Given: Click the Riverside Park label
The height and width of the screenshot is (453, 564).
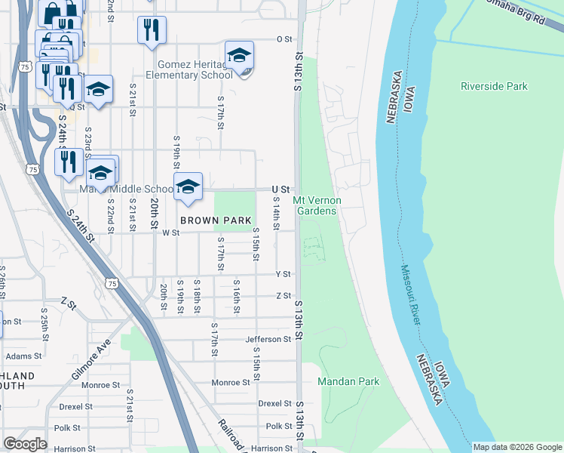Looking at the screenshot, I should coord(494,86).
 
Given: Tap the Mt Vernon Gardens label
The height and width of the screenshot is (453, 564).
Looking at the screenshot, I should coord(317,205).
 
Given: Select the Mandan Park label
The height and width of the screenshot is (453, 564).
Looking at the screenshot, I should coord(348,382).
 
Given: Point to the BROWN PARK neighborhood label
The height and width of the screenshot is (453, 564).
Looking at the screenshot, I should coord(214,220).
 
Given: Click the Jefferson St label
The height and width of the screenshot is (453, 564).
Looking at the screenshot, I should coord(268,340).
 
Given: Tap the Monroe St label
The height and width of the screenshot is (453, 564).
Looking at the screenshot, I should coord(231,383).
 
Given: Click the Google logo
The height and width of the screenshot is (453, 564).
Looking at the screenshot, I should coord(25,444).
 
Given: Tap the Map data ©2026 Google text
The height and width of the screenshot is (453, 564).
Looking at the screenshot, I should coord(517,447).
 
